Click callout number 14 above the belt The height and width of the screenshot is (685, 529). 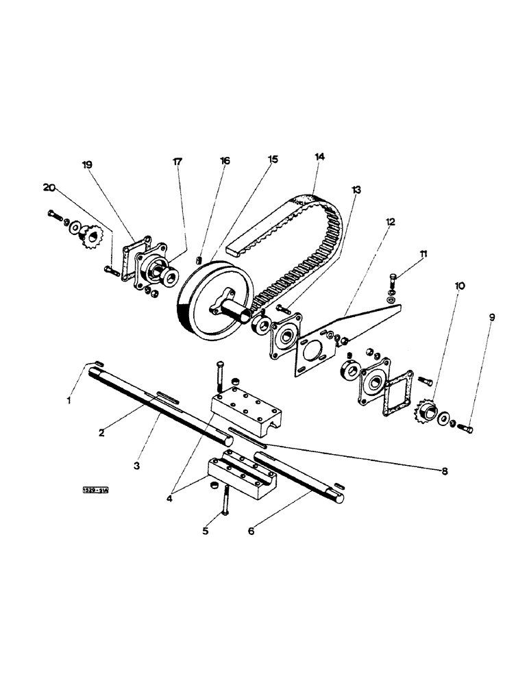coord(319,157)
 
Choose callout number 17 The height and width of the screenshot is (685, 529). coord(177,162)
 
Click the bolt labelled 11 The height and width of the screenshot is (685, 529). coord(392,280)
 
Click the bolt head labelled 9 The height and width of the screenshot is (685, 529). coord(468,429)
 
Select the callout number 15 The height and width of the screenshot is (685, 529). coord(273,159)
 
